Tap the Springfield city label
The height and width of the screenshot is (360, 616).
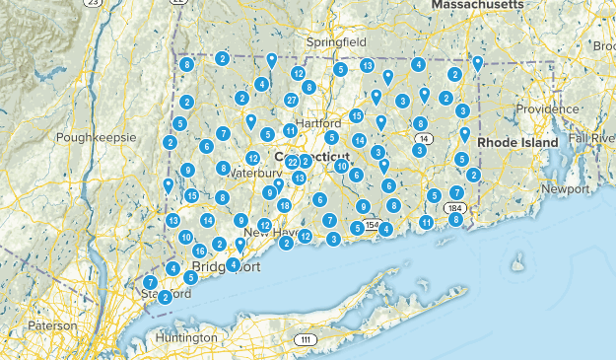coord(335,43)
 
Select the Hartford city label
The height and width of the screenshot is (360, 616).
coord(316,123)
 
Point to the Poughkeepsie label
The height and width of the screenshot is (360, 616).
coord(96,137)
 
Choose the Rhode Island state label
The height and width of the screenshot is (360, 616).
coord(517,143)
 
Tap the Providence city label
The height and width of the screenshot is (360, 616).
coord(547,108)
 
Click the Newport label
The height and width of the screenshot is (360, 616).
coord(565,187)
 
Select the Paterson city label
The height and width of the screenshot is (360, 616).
coord(52,325)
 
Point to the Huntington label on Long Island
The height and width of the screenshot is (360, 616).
coord(186,337)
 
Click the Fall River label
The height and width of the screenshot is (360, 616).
coord(590,138)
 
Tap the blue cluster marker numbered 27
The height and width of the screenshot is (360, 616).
coord(291,101)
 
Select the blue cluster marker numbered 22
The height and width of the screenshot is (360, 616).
coord(293,162)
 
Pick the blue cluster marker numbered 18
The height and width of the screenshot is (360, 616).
coord(285,205)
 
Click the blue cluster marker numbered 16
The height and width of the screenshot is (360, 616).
coord(200,252)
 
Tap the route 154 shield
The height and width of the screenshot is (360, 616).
coord(371,226)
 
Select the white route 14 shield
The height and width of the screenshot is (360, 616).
coord(422,141)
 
